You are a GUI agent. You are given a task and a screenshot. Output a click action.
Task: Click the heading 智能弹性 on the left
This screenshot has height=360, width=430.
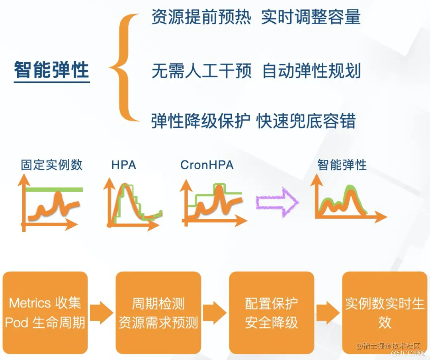pyautogui.click(x=52, y=70)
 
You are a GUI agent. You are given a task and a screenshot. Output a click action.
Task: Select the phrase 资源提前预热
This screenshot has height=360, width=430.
pyautogui.click(x=201, y=18)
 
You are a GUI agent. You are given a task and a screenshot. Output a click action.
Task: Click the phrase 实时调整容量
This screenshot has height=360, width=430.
pyautogui.click(x=311, y=18)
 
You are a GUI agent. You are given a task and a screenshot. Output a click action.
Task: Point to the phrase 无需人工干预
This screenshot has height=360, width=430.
pyautogui.click(x=201, y=71)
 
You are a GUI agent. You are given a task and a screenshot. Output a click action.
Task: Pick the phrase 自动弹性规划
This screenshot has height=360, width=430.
pyautogui.click(x=312, y=71)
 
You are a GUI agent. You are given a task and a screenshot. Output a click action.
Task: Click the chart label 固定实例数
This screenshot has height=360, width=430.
pyautogui.click(x=52, y=164)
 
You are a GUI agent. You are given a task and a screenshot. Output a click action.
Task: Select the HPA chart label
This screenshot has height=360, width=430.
pyautogui.click(x=123, y=164)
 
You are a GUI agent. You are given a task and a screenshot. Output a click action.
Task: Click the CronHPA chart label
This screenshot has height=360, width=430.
pyautogui.click(x=207, y=164)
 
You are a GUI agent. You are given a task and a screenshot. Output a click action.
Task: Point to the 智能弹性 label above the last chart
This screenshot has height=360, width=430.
pyautogui.click(x=342, y=164)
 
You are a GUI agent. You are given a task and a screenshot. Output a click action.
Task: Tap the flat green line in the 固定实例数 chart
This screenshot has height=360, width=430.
pyautogui.click(x=54, y=190)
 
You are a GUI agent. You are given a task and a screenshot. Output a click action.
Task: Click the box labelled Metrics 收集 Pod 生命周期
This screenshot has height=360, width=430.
pyautogui.click(x=45, y=312)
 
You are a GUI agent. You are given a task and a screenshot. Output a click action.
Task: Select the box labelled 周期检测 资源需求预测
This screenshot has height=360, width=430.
pyautogui.click(x=158, y=312)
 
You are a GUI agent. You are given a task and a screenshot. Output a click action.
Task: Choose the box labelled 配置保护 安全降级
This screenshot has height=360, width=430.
pyautogui.click(x=272, y=312)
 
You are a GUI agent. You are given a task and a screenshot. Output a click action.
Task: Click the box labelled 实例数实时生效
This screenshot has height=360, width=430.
pyautogui.click(x=385, y=312)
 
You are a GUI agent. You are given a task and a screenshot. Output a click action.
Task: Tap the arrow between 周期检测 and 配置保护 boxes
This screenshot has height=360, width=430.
pyautogui.click(x=215, y=312)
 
